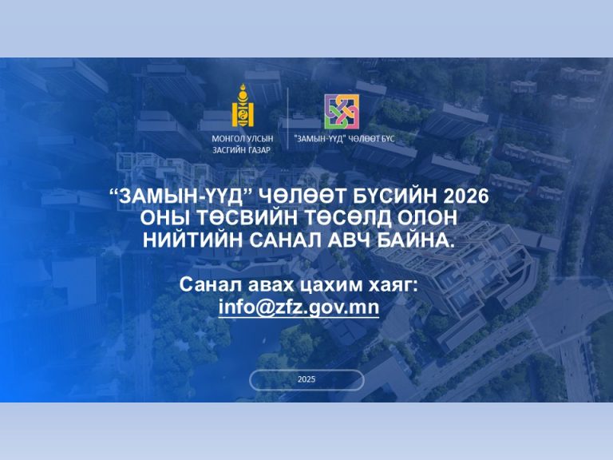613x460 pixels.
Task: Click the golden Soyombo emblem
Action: [x=243, y=105]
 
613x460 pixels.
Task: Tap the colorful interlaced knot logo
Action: [x=342, y=112]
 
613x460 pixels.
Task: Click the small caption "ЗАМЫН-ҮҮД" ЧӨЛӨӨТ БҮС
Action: [x=345, y=138]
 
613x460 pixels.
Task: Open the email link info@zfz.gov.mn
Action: [x=299, y=307]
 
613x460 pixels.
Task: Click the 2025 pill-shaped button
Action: [x=306, y=379]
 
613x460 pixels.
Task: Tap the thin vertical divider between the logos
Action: [x=288, y=118]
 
